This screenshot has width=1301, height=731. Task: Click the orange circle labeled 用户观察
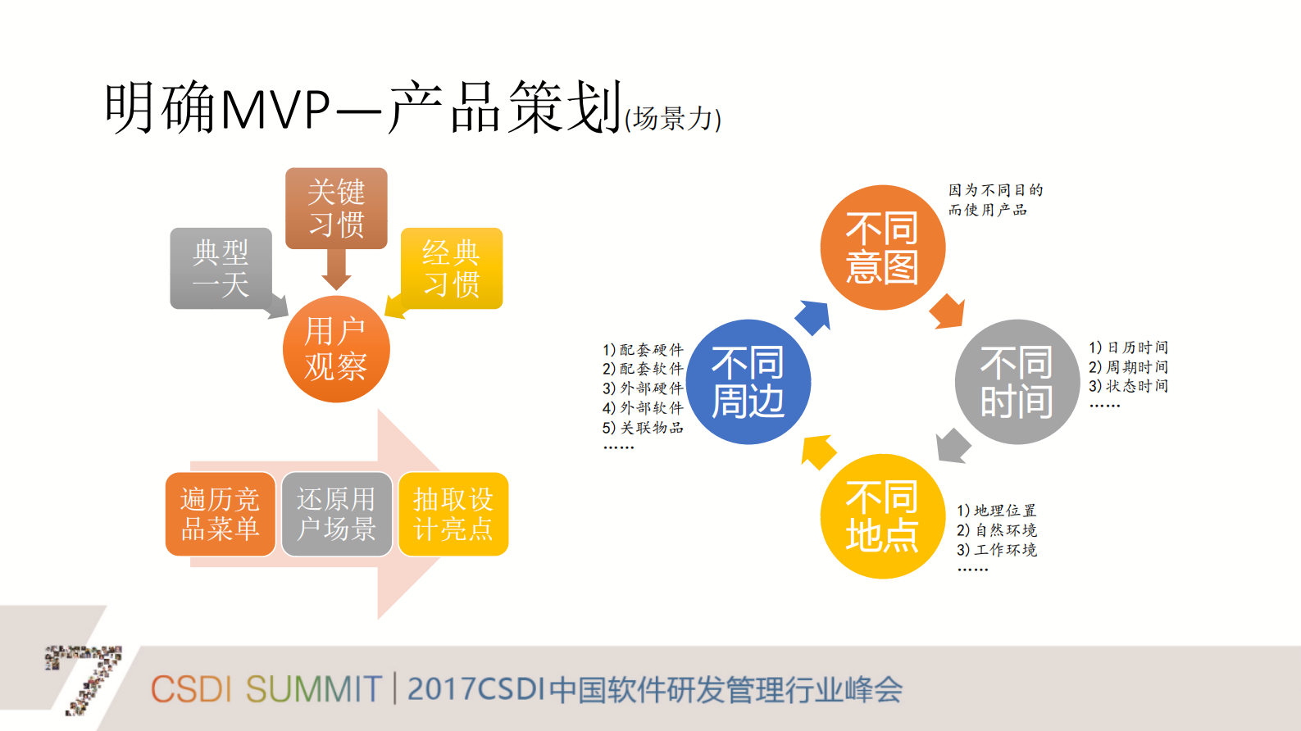[336, 349]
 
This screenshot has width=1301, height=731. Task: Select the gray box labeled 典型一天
[220, 268]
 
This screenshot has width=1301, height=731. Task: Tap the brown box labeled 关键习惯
[336, 208]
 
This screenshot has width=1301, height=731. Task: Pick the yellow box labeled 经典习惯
[452, 268]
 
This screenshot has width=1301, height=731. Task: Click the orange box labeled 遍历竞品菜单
[220, 514]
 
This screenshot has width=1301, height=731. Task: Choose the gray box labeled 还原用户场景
[336, 514]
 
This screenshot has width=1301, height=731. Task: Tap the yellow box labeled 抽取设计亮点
[453, 514]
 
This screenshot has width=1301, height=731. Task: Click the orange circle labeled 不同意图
[883, 247]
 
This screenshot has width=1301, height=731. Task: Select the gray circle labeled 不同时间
[1017, 382]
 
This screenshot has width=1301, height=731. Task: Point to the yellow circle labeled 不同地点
[883, 516]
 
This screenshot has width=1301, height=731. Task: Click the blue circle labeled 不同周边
[748, 382]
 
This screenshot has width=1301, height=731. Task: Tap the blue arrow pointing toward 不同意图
[813, 317]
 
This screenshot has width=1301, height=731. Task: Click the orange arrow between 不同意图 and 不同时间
[948, 311]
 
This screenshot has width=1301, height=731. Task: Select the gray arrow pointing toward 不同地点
[953, 446]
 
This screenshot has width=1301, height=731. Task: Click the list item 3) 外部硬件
[643, 388]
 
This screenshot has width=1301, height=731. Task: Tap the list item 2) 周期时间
[1128, 367]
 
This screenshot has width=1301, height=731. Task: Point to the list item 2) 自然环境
[997, 530]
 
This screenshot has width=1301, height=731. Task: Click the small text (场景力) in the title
[673, 120]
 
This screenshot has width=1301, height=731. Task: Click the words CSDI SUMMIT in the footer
[266, 689]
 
